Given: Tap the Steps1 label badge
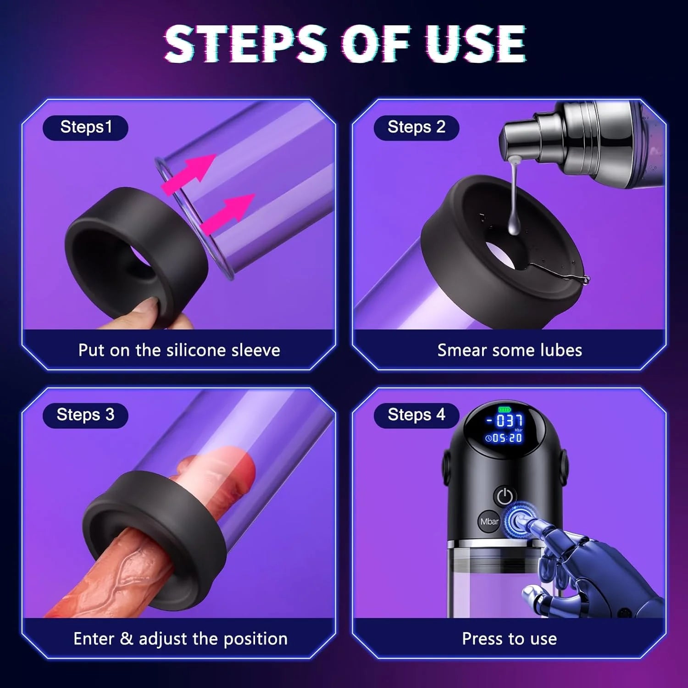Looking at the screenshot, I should tap(85, 128).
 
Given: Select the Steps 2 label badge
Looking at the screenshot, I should tap(416, 128).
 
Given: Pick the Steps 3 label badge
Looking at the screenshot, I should tap(85, 415).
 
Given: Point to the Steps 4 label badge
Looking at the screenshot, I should tap(416, 415).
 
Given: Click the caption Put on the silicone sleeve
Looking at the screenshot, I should tap(179, 350).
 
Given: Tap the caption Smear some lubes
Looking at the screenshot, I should tap(509, 350).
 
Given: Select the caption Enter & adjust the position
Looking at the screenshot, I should tap(180, 638).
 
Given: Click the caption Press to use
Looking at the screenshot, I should tap(509, 638).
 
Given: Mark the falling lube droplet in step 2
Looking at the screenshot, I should tap(514, 225).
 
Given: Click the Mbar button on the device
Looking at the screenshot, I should tap(489, 522).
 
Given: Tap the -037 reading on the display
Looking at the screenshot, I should tap(505, 421).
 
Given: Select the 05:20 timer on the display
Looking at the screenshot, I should tap(505, 438).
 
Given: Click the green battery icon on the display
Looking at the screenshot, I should tap(504, 409).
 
